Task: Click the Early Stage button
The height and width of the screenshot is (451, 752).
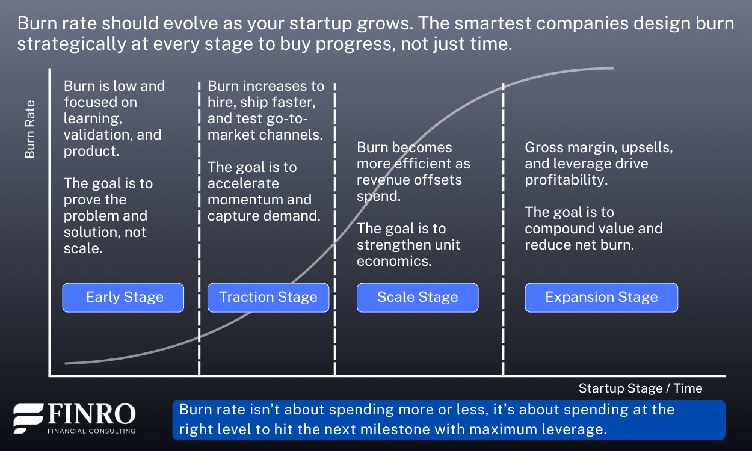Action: pyautogui.click(x=123, y=298)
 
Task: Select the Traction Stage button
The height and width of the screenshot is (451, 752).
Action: pyautogui.click(x=268, y=298)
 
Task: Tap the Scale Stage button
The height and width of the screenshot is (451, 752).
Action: pyautogui.click(x=418, y=298)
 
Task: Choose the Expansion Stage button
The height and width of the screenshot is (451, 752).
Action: pyautogui.click(x=601, y=298)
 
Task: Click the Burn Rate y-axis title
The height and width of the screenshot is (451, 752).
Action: pyautogui.click(x=30, y=129)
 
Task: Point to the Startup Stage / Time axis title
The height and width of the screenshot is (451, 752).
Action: pyautogui.click(x=640, y=388)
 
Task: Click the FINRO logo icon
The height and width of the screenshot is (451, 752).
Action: pyautogui.click(x=28, y=419)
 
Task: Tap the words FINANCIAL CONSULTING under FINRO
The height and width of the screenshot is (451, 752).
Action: pyautogui.click(x=91, y=431)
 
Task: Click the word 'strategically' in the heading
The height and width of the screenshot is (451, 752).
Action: pyautogui.click(x=64, y=44)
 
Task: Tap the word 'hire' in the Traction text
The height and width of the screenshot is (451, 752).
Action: pyautogui.click(x=221, y=102)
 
